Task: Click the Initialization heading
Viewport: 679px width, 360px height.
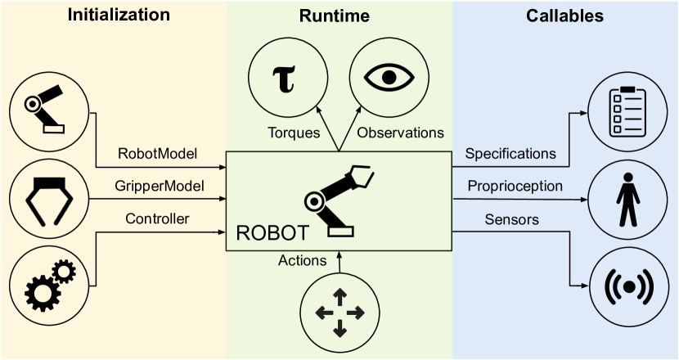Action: pyautogui.click(x=119, y=15)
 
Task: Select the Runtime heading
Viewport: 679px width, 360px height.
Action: pyautogui.click(x=339, y=15)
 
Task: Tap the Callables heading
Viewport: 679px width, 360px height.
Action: pyautogui.click(x=566, y=15)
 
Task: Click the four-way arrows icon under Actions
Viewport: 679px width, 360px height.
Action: pyautogui.click(x=339, y=312)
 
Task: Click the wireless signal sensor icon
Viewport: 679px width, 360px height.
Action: pyautogui.click(x=627, y=287)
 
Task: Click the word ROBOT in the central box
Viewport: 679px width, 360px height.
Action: pyautogui.click(x=272, y=234)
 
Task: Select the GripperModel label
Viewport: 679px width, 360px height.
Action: pyautogui.click(x=160, y=186)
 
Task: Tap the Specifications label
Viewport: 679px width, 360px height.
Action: pyautogui.click(x=510, y=153)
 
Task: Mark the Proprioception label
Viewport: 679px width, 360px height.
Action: pyautogui.click(x=515, y=186)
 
